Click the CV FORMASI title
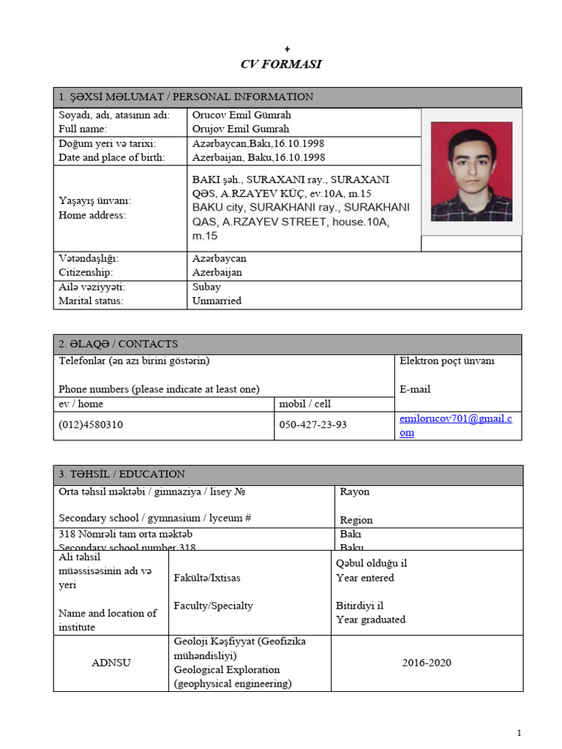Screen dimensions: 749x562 click(x=281, y=64)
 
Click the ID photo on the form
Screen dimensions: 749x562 click(x=471, y=172)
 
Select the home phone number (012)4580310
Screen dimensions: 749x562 click(x=91, y=425)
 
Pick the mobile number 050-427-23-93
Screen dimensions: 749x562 click(x=313, y=425)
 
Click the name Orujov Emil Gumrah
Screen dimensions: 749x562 click(x=241, y=129)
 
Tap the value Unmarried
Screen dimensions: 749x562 click(x=217, y=301)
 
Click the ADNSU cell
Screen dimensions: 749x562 click(x=111, y=663)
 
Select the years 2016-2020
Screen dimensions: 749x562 click(x=427, y=663)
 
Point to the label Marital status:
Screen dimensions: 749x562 click(x=91, y=301)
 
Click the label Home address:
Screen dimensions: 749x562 click(x=92, y=215)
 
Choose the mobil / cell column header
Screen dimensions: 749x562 click(x=305, y=404)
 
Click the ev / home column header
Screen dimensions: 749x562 click(x=81, y=404)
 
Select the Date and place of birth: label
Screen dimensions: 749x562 click(x=112, y=157)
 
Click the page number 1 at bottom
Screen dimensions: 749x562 click(x=519, y=733)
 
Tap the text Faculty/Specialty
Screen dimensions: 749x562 click(x=213, y=606)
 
